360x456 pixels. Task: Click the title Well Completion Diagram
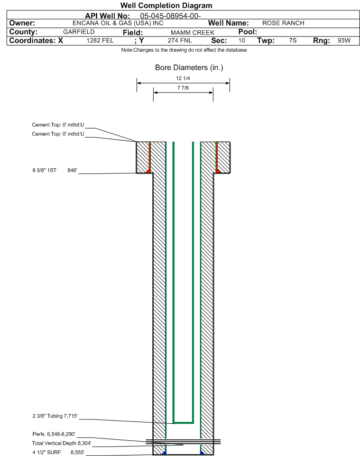[x=166, y=6]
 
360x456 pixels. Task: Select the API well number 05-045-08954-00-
[x=170, y=16]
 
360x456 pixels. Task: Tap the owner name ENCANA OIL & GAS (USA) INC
[x=118, y=23]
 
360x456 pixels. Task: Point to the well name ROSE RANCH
[x=283, y=23]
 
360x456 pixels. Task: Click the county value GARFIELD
[x=79, y=32]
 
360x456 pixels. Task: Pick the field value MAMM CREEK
[x=193, y=33]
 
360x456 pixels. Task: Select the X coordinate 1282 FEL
[x=100, y=40]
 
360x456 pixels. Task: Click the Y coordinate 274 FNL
[x=180, y=40]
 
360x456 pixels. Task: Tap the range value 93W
[x=344, y=40]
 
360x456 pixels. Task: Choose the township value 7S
[x=293, y=40]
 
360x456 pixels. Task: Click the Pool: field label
[x=248, y=32]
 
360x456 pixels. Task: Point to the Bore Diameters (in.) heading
[x=189, y=67]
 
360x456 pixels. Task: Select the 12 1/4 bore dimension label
[x=183, y=78]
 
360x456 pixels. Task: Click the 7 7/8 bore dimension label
[x=183, y=88]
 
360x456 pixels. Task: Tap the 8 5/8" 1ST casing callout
[x=45, y=170]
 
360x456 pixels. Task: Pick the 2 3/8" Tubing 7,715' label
[x=55, y=416]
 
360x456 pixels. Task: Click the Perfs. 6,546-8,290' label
[x=54, y=434]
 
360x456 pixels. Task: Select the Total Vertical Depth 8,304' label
[x=62, y=443]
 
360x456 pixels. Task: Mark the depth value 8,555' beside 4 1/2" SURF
[x=77, y=452]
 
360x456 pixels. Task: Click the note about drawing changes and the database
[x=184, y=50]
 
